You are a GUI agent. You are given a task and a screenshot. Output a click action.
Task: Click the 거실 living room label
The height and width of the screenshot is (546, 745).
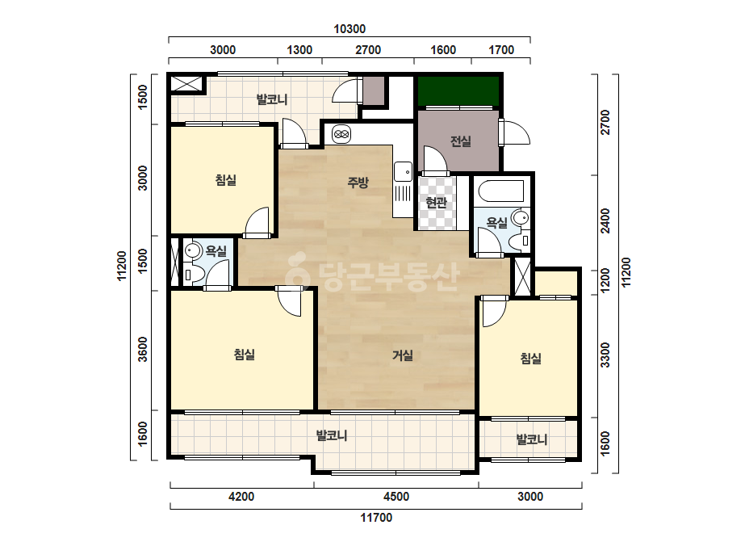(403, 355)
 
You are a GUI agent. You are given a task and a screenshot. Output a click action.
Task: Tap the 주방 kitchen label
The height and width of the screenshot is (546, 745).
(358, 182)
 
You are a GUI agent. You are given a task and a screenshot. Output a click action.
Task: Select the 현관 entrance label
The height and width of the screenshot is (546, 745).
(436, 203)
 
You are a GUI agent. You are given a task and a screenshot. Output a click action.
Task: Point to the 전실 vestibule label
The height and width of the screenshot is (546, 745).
(460, 141)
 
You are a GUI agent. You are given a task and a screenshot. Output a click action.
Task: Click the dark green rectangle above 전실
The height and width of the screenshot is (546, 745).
(458, 90)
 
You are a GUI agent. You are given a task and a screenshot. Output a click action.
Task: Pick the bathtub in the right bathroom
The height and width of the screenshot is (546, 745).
(500, 191)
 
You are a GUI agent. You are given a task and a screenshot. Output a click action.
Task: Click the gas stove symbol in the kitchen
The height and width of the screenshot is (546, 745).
(341, 135)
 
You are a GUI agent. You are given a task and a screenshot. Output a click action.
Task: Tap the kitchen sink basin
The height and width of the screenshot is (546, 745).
(403, 171)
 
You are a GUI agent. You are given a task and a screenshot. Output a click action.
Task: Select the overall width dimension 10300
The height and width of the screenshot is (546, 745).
(349, 29)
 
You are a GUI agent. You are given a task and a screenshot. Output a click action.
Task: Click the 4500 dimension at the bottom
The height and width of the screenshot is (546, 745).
(396, 497)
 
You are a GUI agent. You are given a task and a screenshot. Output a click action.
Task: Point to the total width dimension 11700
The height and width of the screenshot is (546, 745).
(376, 518)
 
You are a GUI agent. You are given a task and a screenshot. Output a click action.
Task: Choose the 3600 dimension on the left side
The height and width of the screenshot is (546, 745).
(143, 349)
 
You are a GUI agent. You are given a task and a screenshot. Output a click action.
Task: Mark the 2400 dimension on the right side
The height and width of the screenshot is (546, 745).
(605, 220)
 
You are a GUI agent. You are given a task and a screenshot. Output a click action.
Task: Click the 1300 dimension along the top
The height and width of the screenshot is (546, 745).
(299, 50)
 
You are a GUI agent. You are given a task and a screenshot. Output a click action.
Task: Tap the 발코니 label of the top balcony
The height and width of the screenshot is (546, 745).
(272, 99)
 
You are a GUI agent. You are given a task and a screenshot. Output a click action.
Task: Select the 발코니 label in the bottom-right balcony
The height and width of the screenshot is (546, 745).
(532, 439)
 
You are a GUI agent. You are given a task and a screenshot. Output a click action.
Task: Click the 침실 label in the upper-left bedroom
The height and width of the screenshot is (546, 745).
(226, 180)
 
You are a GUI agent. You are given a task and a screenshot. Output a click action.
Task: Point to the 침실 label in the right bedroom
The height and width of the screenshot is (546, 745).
(531, 358)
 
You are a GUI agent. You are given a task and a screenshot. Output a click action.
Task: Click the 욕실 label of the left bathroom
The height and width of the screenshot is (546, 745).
(216, 250)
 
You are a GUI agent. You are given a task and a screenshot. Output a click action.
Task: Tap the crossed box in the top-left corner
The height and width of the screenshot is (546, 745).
(186, 84)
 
